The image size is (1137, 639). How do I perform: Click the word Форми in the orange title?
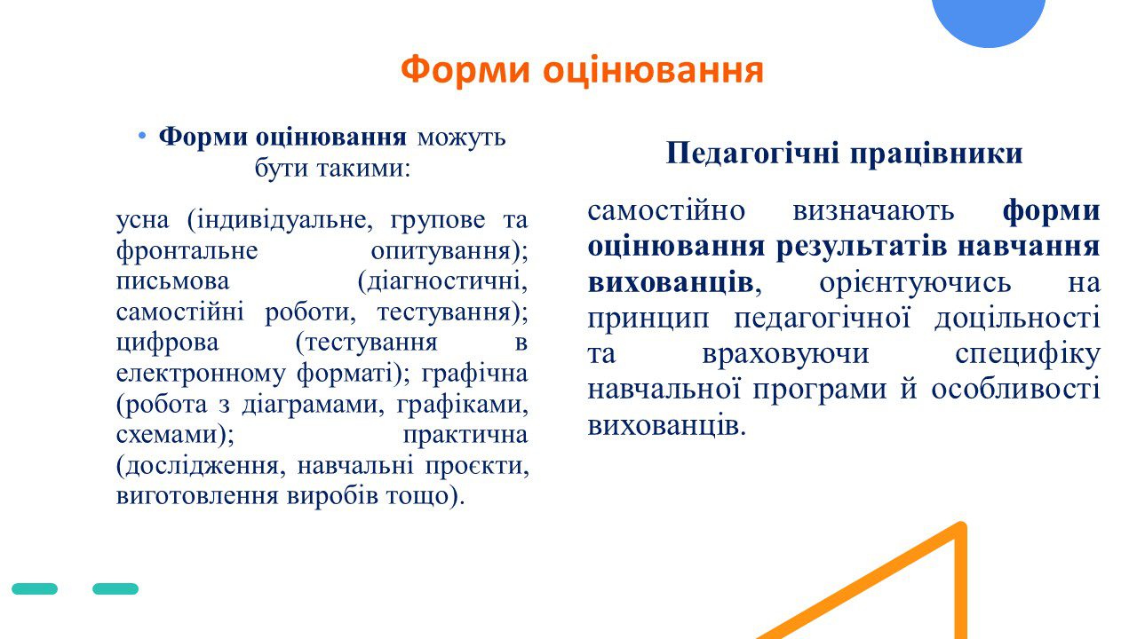click(465, 69)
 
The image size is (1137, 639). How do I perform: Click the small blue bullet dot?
click(142, 136)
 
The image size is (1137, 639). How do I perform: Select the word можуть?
click(461, 138)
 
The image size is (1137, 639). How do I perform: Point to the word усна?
click(143, 219)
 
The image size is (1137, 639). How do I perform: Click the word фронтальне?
click(187, 250)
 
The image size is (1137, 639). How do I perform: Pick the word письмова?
click(172, 281)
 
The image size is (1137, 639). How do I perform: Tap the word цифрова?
click(168, 343)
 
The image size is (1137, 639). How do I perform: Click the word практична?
click(465, 435)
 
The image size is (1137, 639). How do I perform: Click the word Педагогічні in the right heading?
click(752, 154)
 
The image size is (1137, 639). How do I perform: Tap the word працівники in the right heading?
click(936, 154)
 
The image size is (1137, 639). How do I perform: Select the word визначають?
click(873, 211)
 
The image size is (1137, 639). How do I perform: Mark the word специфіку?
click(1028, 354)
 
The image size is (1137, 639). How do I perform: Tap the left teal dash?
click(35, 588)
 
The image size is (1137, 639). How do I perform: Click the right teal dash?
click(115, 588)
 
